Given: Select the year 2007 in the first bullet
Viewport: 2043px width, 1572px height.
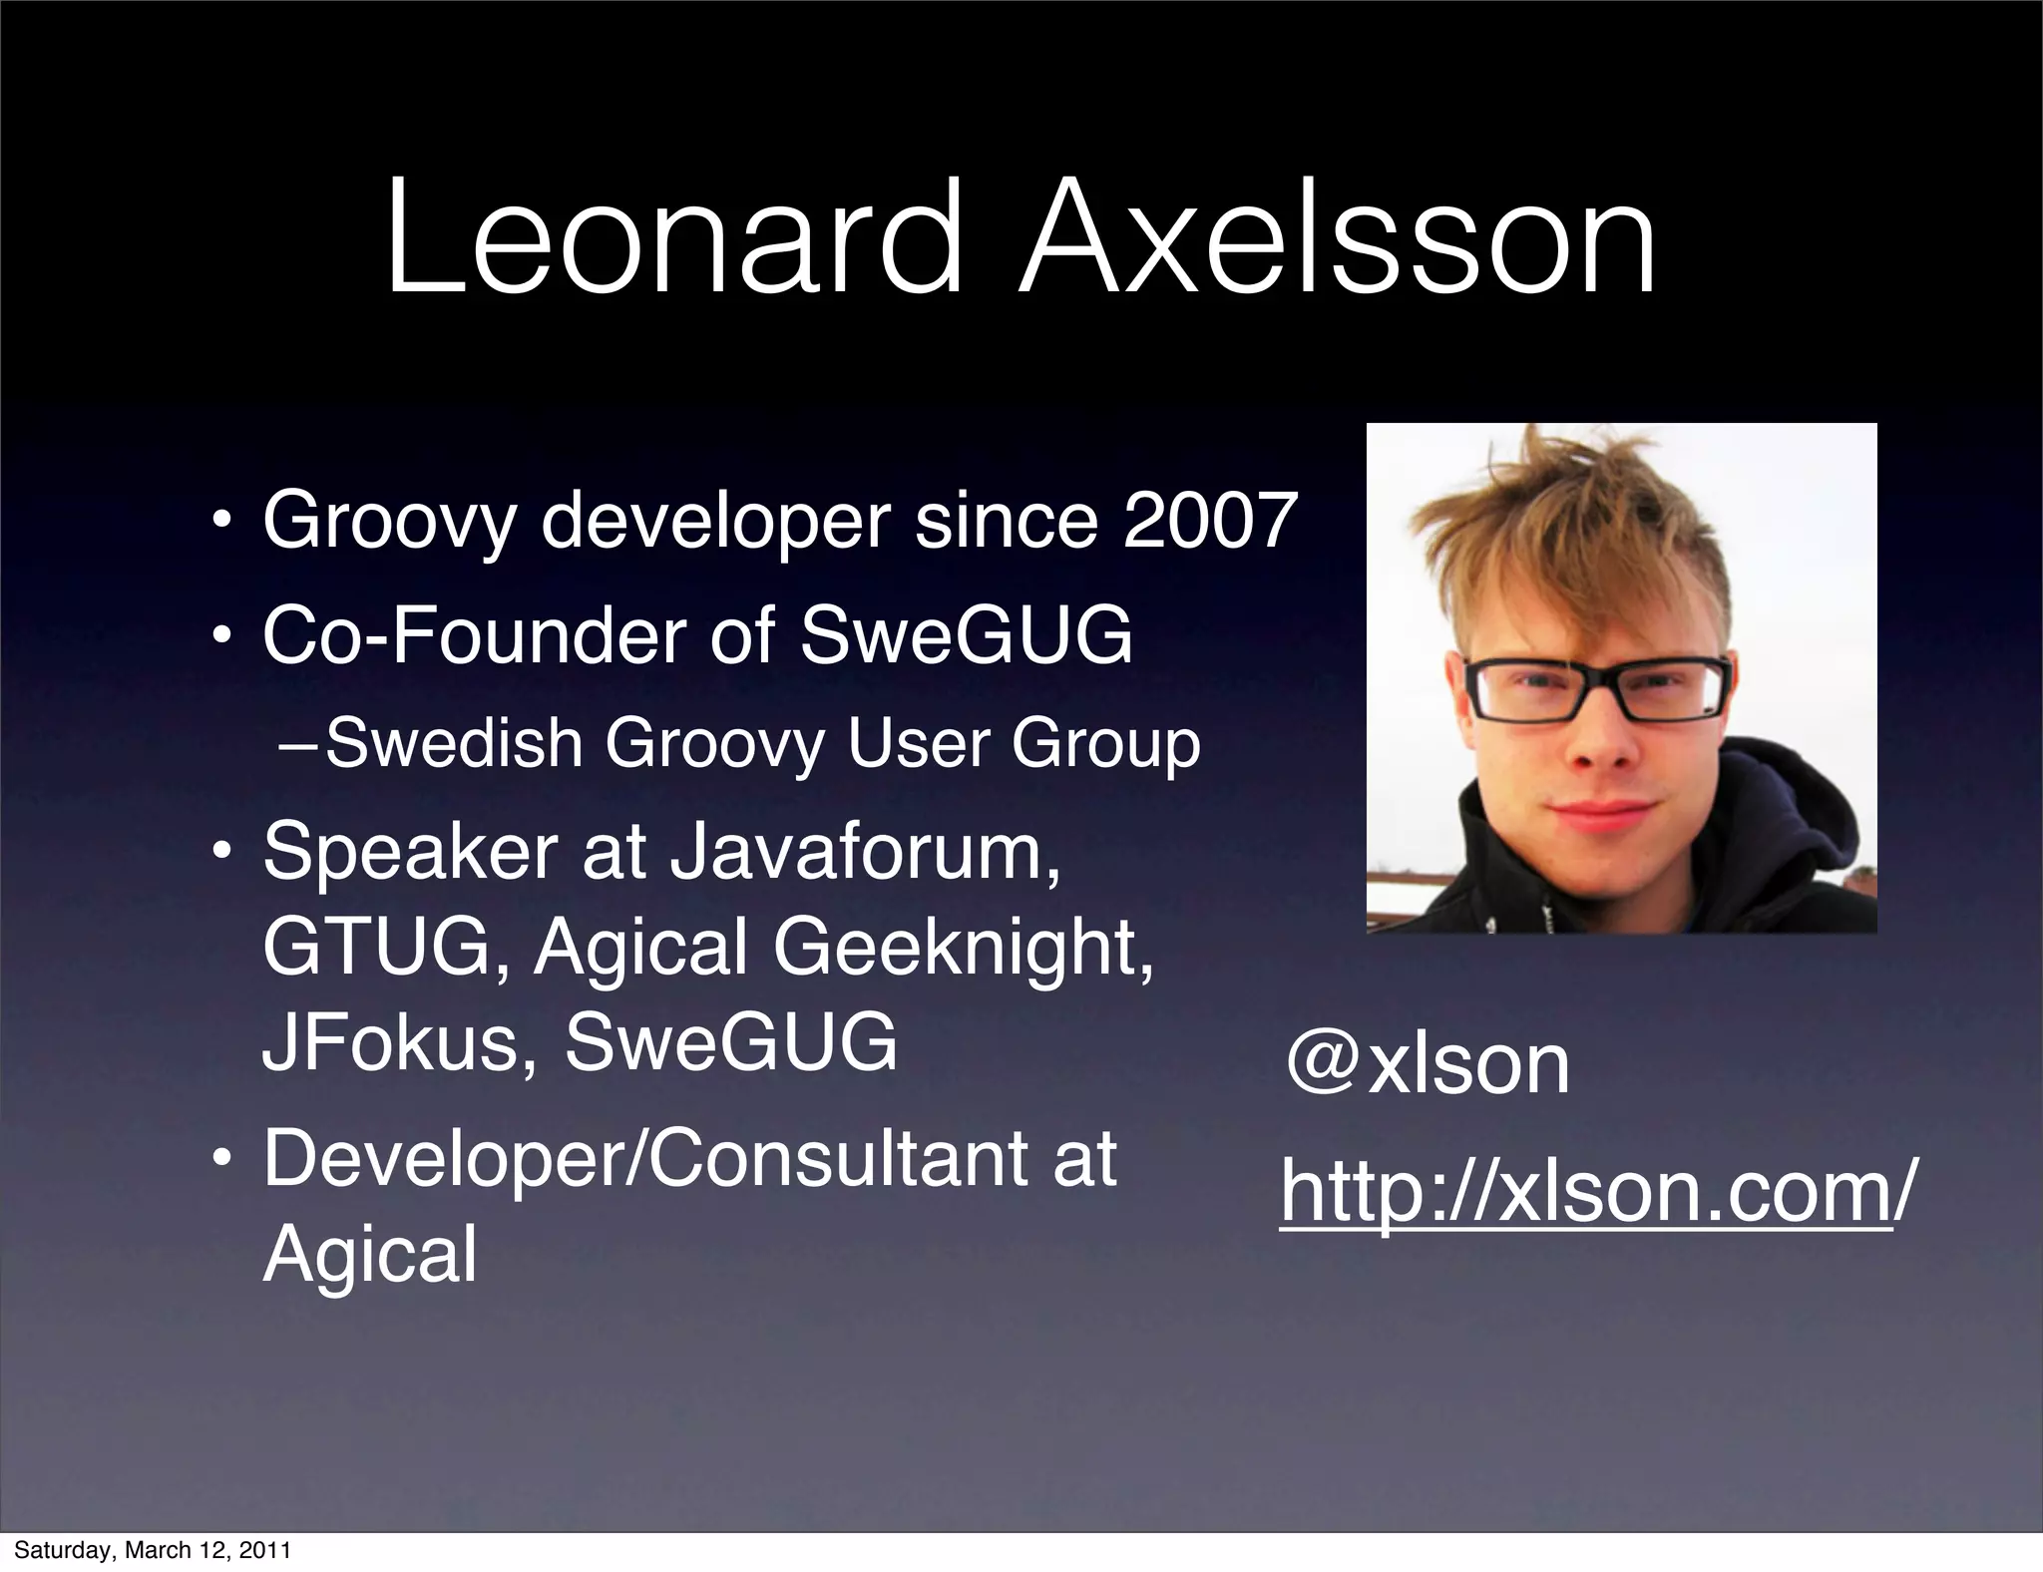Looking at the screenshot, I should click(x=1209, y=521).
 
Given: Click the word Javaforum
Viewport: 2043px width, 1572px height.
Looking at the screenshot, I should click(x=864, y=853).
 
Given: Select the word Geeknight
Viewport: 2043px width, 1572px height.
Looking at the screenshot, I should click(x=962, y=950).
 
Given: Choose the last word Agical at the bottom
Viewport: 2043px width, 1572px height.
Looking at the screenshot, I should click(x=370, y=1255).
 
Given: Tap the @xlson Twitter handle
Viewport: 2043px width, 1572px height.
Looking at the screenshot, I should click(x=1428, y=1064).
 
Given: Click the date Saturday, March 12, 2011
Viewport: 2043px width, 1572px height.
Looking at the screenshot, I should click(x=153, y=1550).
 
